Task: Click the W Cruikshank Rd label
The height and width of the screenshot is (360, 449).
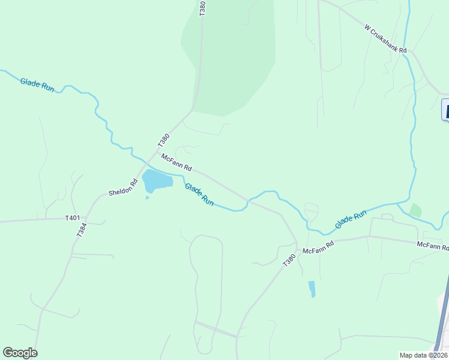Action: [385, 38]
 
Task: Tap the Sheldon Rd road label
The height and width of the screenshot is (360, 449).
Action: [123, 188]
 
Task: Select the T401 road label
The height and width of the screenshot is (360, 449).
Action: [72, 218]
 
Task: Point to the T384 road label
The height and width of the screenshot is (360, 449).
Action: [82, 229]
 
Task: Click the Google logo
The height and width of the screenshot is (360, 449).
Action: [20, 353]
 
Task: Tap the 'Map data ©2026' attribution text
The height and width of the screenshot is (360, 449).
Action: [423, 355]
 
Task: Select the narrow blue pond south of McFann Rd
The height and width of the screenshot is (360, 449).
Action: [312, 289]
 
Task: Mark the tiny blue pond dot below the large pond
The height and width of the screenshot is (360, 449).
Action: [147, 197]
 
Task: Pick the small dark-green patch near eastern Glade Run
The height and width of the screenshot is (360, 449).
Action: [415, 211]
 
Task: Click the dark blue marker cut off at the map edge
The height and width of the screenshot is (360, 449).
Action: [445, 110]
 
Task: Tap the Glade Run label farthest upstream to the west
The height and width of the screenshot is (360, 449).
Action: [37, 85]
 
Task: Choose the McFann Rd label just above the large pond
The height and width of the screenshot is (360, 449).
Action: [176, 162]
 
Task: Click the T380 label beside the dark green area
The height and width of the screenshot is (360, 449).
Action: [202, 8]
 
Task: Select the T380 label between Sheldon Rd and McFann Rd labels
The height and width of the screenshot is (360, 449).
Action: [163, 140]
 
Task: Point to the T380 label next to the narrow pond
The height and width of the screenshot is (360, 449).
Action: [289, 261]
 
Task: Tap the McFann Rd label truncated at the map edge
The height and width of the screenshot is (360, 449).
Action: [433, 245]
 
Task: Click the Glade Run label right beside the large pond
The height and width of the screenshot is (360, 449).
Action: [199, 194]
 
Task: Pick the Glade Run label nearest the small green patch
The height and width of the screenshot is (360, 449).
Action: [351, 220]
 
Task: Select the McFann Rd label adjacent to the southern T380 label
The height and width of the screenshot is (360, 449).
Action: [318, 248]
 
